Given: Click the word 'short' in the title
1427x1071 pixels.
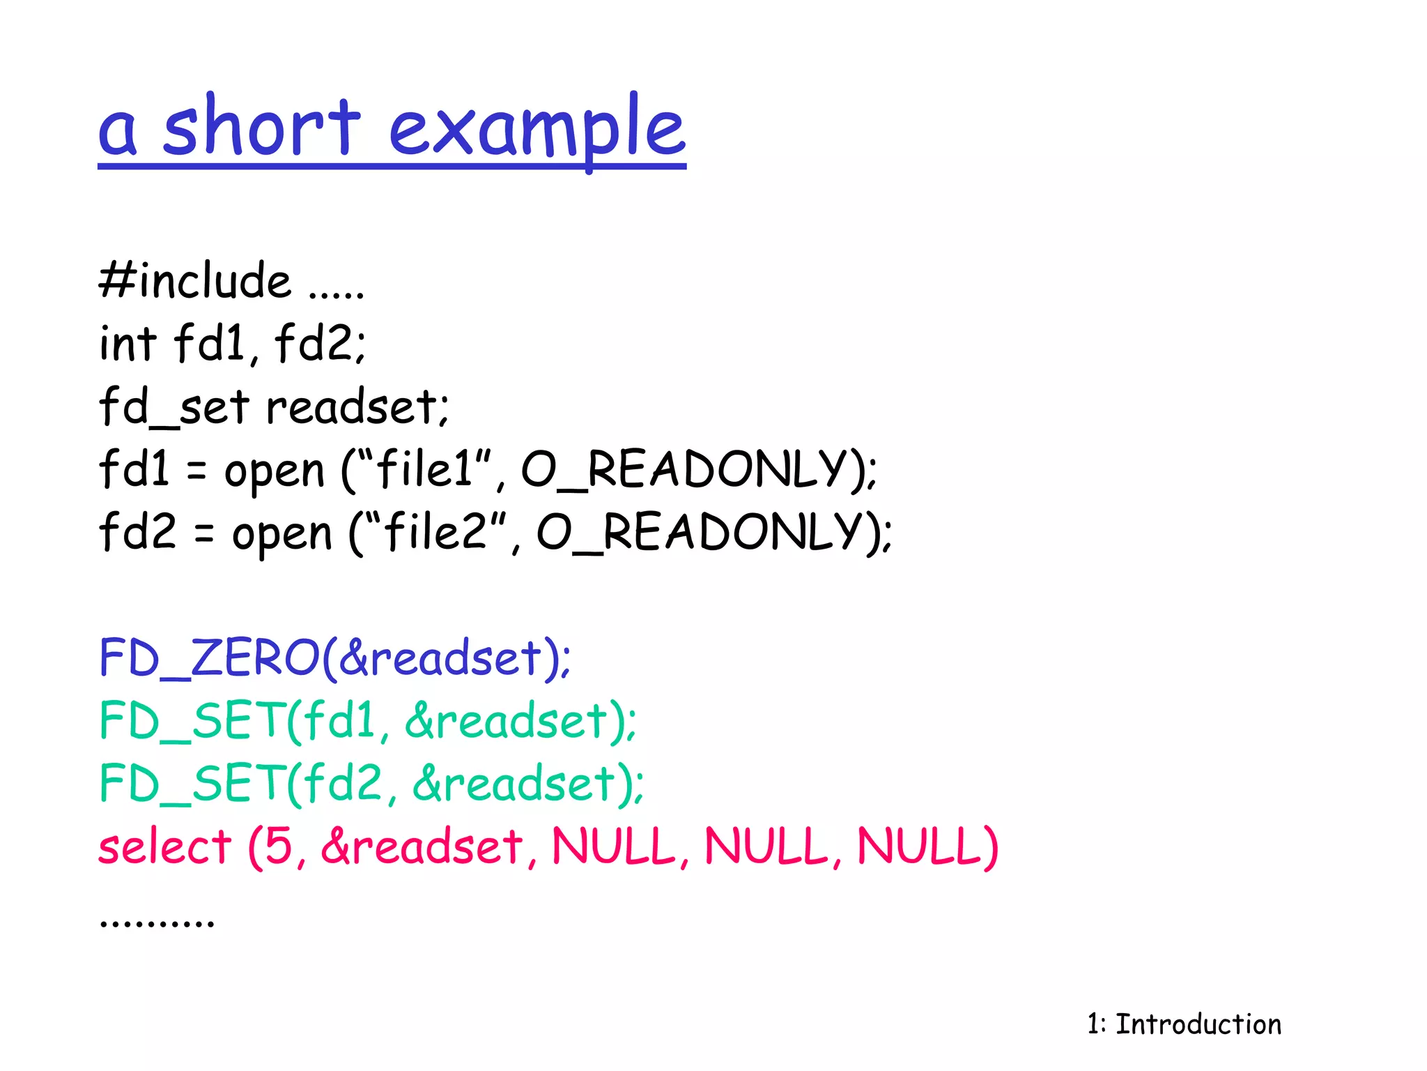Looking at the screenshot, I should [x=261, y=127].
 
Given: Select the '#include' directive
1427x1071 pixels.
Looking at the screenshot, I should [x=195, y=280].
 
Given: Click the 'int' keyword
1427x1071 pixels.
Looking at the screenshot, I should [x=128, y=343].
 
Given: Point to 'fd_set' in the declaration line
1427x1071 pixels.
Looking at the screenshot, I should [x=174, y=407].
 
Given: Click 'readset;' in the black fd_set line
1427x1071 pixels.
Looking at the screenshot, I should [x=357, y=407].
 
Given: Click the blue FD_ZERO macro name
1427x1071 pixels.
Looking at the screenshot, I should [x=209, y=657].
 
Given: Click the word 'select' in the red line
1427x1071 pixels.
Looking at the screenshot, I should [x=164, y=846].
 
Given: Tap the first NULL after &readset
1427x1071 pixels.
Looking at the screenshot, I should [x=613, y=846].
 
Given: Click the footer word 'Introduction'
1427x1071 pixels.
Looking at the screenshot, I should [x=1198, y=1024].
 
